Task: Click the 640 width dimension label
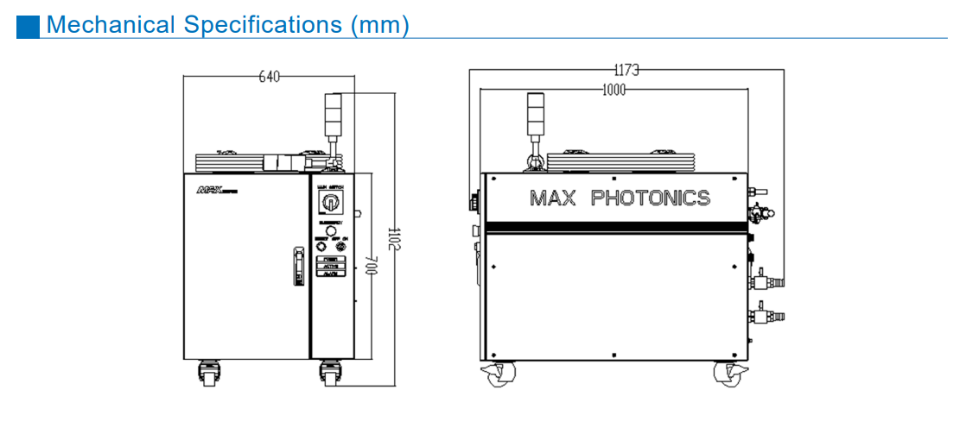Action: (x=270, y=78)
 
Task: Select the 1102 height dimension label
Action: (x=392, y=239)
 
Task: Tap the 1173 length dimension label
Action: (x=626, y=70)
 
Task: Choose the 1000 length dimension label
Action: (x=613, y=90)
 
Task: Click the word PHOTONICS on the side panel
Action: (x=650, y=198)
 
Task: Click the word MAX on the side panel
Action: (x=552, y=198)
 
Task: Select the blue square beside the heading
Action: (x=28, y=26)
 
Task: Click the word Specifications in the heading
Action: (x=264, y=25)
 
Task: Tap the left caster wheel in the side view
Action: (x=499, y=374)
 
